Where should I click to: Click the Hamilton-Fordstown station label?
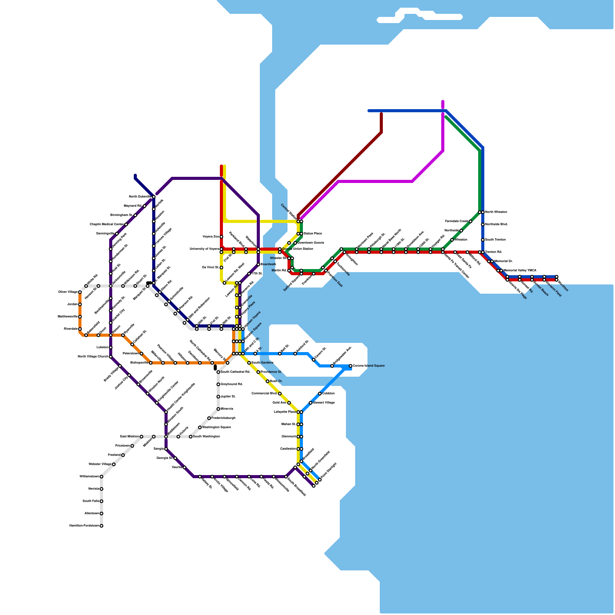click(84, 526)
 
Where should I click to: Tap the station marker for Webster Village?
click(114, 464)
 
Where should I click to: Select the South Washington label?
click(206, 437)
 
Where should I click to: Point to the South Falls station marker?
click(101, 501)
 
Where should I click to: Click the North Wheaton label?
click(496, 212)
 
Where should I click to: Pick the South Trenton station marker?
click(483, 240)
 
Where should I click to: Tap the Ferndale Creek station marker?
click(470, 221)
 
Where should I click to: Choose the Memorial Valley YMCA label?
click(520, 271)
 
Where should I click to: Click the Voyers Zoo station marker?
click(221, 237)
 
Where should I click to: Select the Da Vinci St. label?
click(210, 268)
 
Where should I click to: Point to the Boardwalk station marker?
click(258, 264)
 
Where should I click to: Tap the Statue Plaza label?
click(312, 234)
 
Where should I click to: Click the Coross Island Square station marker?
click(351, 366)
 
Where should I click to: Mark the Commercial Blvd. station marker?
click(280, 394)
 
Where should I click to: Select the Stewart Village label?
click(324, 403)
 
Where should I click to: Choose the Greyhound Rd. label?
click(232, 384)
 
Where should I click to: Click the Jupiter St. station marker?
click(218, 397)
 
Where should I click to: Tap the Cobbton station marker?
click(320, 394)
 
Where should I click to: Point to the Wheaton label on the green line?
click(461, 240)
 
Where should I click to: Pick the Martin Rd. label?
click(279, 271)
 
